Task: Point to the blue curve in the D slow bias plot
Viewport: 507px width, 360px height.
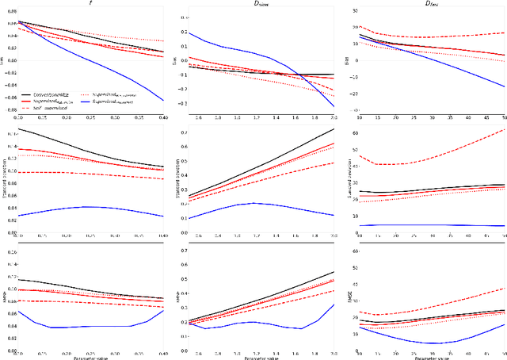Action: (238, 49)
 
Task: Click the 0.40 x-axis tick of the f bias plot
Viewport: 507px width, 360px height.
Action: (162, 116)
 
